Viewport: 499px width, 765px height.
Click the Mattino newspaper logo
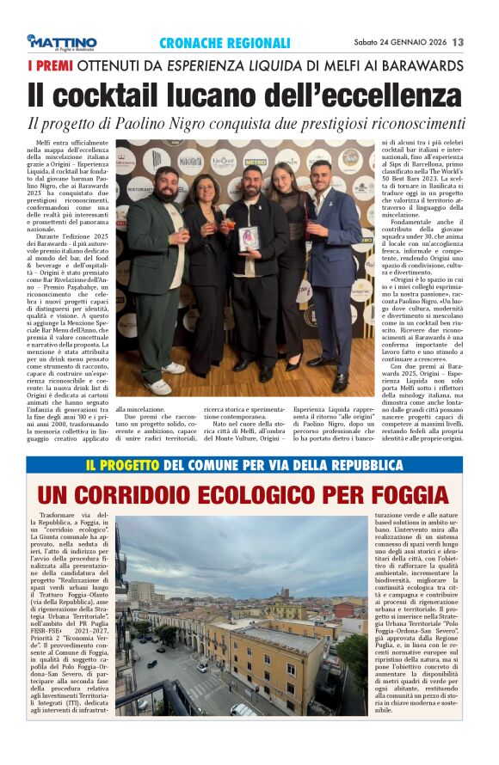point(62,42)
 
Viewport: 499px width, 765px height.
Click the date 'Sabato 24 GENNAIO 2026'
point(399,42)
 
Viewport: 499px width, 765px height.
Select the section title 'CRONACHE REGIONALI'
point(225,43)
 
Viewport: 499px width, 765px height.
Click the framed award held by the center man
point(249,238)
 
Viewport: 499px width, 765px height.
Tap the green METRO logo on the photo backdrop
point(255,160)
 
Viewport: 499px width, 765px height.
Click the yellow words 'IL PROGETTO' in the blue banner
point(122,465)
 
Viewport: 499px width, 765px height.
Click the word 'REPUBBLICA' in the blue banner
point(354,465)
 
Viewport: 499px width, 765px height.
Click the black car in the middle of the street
point(151,663)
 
